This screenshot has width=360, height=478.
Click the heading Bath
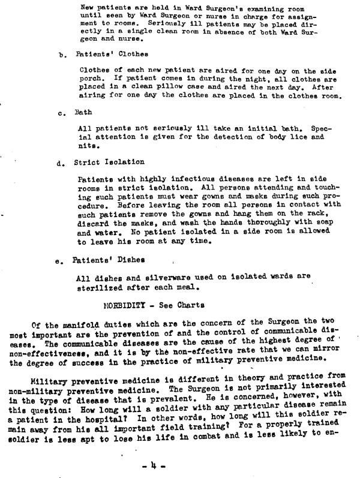(83, 112)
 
